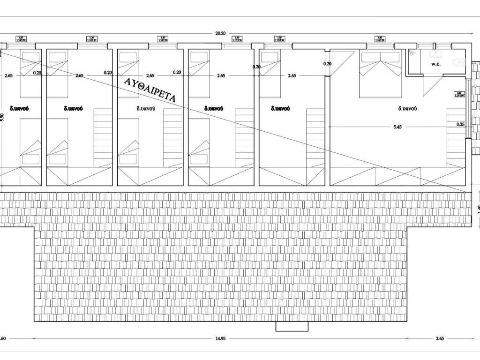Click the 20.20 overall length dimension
tap(220, 33)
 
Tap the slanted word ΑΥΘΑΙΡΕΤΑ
tap(150, 90)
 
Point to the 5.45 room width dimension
tap(398, 127)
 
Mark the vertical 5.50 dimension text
tap(3, 118)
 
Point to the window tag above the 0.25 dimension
tap(459, 94)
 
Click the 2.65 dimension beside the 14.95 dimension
tap(439, 338)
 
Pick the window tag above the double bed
tap(380, 38)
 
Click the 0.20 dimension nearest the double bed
tap(327, 64)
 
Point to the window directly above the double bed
tap(380, 46)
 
